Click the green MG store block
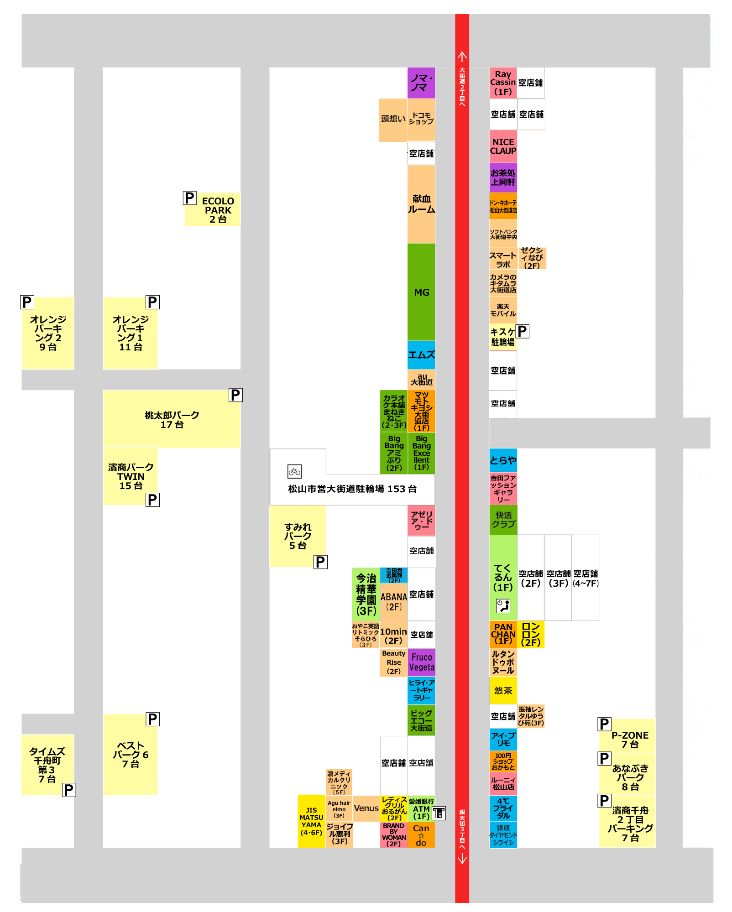(x=421, y=292)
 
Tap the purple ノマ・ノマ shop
(x=421, y=83)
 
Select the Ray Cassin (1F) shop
(x=503, y=83)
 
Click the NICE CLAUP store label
(x=503, y=146)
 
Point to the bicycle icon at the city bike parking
(x=294, y=471)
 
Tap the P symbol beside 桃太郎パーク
(x=235, y=395)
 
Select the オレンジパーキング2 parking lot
(x=48, y=333)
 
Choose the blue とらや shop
(x=503, y=460)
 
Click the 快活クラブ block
(x=503, y=520)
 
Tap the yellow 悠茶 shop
(x=503, y=690)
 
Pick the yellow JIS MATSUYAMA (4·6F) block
(x=311, y=821)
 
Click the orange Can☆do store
(x=421, y=835)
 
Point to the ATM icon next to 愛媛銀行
(x=439, y=813)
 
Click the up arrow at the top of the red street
(x=462, y=57)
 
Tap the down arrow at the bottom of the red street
(x=462, y=859)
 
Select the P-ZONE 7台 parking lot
(x=630, y=739)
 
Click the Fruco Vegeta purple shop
(x=421, y=662)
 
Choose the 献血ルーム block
(x=421, y=204)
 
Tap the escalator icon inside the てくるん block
(x=503, y=606)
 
